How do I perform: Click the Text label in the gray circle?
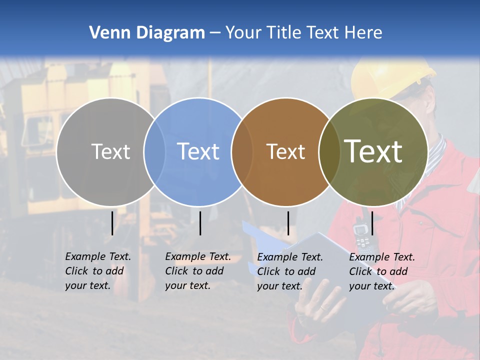coord(110,151)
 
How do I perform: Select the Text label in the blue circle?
coord(198,151)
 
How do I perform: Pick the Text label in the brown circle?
coord(285,151)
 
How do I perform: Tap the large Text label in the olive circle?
coord(373,151)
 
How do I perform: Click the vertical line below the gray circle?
coord(112,223)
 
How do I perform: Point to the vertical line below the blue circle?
coord(200,223)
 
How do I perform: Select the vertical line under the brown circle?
coord(288,223)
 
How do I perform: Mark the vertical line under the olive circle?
coord(372,223)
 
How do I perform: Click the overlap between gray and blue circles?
coord(154,151)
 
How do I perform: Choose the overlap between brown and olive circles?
coord(329,151)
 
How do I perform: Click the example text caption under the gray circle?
coord(97,271)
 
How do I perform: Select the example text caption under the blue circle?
coord(197,271)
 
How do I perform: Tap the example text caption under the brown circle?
coord(289,271)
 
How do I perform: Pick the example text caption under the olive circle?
coord(381,271)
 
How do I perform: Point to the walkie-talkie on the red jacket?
coord(361,233)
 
